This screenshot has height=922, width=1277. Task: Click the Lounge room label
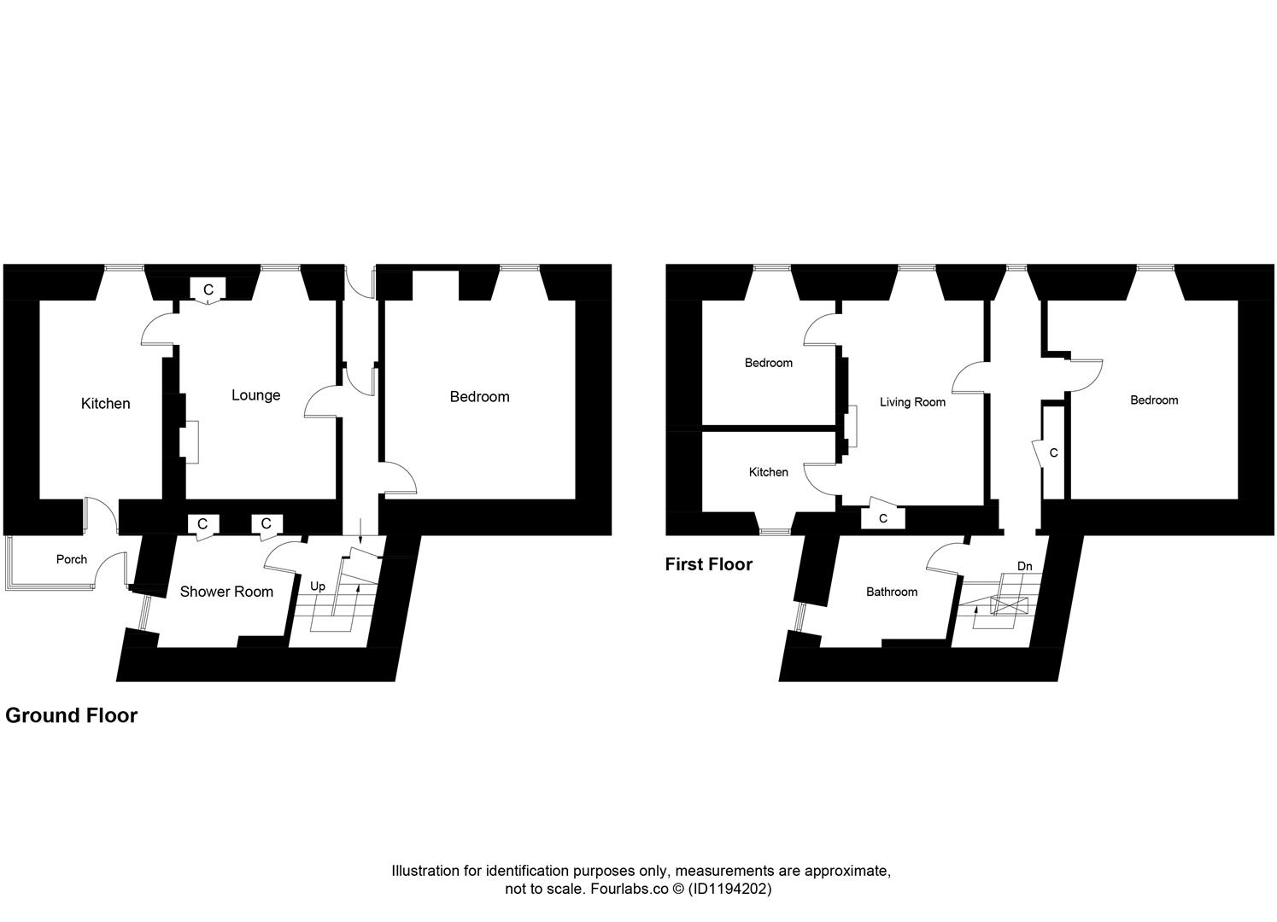point(255,395)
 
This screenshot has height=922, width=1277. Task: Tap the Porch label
point(72,559)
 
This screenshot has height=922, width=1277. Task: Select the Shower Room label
point(226,592)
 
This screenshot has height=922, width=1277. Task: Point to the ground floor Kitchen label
point(106,404)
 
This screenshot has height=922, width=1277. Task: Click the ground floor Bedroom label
point(479,396)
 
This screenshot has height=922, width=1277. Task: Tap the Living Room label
point(912,402)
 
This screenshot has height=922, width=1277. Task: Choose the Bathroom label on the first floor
point(892,592)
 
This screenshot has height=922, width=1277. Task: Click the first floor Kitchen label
point(769,472)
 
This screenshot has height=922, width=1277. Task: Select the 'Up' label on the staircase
point(318,586)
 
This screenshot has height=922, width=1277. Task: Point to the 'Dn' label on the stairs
point(1024,566)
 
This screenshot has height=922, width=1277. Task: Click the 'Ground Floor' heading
point(71,715)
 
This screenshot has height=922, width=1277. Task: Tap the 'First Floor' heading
point(709,564)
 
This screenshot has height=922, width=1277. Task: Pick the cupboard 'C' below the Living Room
point(883,518)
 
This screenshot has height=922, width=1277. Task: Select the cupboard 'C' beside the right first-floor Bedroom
point(1053,452)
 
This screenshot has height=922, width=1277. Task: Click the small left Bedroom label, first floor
point(769,363)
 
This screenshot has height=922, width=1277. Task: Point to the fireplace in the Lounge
point(190,441)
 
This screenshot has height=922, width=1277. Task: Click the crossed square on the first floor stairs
point(1010,605)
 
